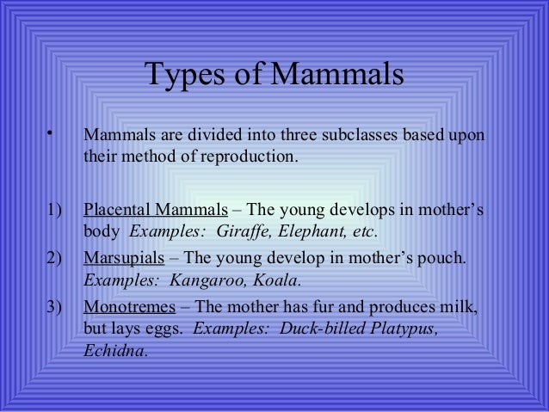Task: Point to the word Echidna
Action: [115, 351]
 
